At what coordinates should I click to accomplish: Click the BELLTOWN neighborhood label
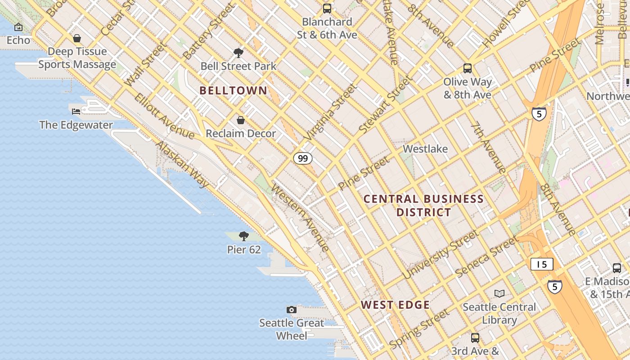(233, 90)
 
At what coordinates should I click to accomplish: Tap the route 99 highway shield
(303, 158)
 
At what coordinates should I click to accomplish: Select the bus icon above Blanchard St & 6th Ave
(327, 8)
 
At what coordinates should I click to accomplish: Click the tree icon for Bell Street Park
(238, 53)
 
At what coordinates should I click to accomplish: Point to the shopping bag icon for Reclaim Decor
(241, 120)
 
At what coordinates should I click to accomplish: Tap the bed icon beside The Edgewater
(76, 111)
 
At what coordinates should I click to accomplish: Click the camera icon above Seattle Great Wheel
(292, 310)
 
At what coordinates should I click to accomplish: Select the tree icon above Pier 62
(243, 236)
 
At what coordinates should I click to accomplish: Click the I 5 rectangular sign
(541, 264)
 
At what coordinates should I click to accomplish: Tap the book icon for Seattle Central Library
(499, 293)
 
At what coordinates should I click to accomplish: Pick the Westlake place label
(425, 149)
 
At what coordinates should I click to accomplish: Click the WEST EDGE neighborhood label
(395, 305)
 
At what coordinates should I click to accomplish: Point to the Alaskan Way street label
(182, 164)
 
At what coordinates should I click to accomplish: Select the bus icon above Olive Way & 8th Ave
(468, 68)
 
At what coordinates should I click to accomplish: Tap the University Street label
(441, 254)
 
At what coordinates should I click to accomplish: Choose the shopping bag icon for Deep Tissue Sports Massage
(77, 38)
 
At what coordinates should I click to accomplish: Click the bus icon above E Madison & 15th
(617, 268)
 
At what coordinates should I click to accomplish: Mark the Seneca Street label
(486, 257)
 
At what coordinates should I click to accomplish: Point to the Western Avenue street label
(301, 218)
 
